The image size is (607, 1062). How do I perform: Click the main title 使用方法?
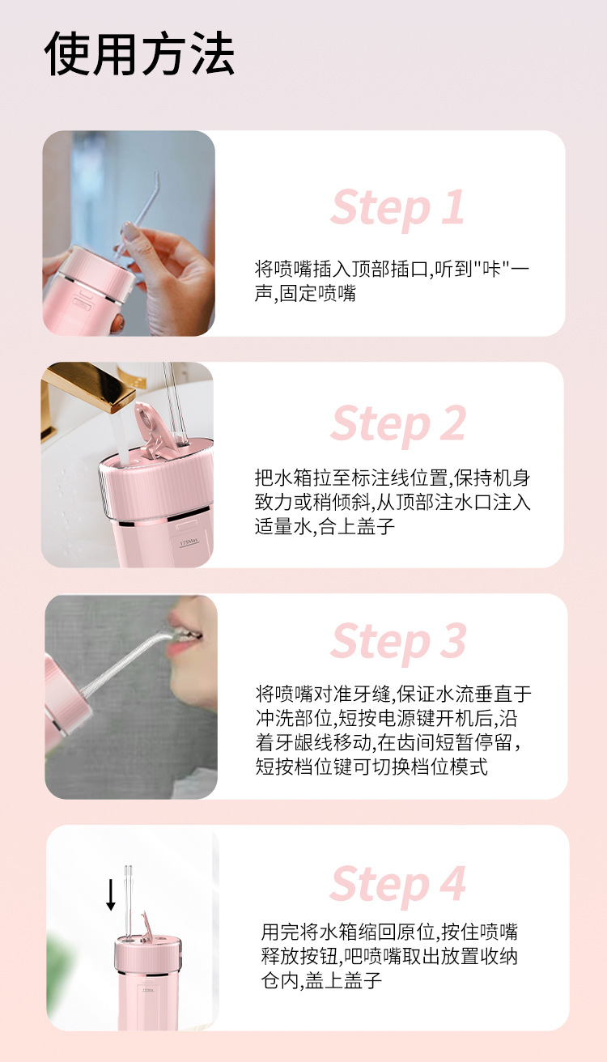pyautogui.click(x=139, y=53)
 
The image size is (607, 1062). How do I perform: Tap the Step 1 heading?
pyautogui.click(x=397, y=208)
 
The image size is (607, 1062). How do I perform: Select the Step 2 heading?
pyautogui.click(x=398, y=424)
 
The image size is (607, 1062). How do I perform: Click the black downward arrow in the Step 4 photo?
pyautogui.click(x=111, y=894)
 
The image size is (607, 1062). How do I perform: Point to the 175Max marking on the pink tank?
pyautogui.click(x=189, y=542)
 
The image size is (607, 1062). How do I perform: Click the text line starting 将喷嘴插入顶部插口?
pyautogui.click(x=392, y=270)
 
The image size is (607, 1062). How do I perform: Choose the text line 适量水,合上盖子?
pyautogui.click(x=325, y=526)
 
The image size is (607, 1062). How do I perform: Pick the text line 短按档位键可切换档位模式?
pyautogui.click(x=371, y=767)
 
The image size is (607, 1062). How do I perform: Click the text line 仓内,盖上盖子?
pyautogui.click(x=321, y=980)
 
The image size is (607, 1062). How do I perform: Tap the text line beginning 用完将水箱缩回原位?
pyautogui.click(x=389, y=932)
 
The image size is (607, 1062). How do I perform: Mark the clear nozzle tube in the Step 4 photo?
pyautogui.click(x=128, y=902)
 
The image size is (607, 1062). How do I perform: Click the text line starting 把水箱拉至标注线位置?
pyautogui.click(x=393, y=478)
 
